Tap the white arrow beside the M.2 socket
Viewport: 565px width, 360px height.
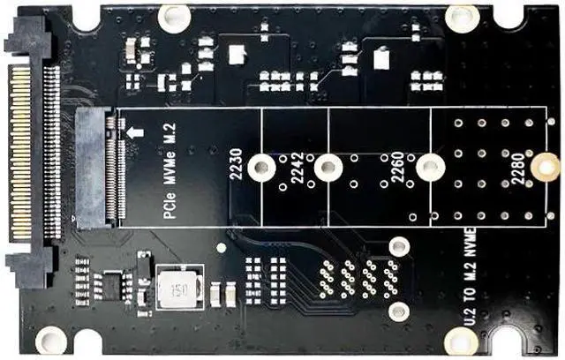135,132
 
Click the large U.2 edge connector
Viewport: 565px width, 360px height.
31,150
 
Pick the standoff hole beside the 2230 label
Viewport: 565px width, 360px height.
260,166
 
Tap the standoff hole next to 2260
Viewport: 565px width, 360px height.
429,166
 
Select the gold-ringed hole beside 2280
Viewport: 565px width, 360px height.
547,164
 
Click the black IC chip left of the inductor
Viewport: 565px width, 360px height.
112,284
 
